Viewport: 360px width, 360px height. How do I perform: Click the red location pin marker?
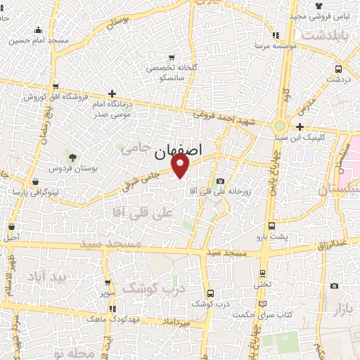pyautogui.click(x=181, y=165)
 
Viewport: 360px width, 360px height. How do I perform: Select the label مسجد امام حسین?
pyautogui.click(x=39, y=40)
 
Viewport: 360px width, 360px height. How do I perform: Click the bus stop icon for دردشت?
pyautogui.click(x=339, y=69)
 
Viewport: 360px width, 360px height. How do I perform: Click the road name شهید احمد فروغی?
pyautogui.click(x=222, y=112)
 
